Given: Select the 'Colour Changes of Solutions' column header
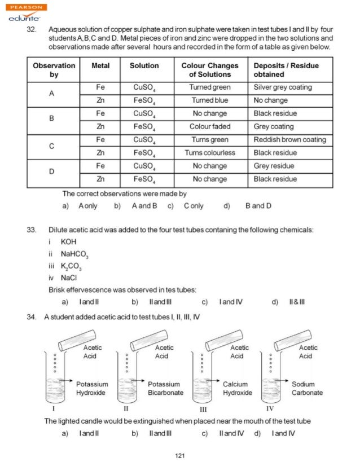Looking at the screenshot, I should [210, 70].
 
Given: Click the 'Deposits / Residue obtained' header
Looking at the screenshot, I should [286, 70].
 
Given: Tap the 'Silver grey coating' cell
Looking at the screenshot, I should [283, 87].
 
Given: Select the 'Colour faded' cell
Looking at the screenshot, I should [209, 127].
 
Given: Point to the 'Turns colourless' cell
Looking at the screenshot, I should [209, 153].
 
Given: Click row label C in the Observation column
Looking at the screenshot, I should [51, 147].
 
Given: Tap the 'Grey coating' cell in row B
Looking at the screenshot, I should [274, 127].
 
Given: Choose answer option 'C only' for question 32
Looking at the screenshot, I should [193, 206].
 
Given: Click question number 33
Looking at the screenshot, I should [32, 230].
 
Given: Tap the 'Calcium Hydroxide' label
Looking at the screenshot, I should [237, 388].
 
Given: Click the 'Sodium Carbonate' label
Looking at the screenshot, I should [307, 388].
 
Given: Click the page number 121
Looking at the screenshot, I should [180, 456].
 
